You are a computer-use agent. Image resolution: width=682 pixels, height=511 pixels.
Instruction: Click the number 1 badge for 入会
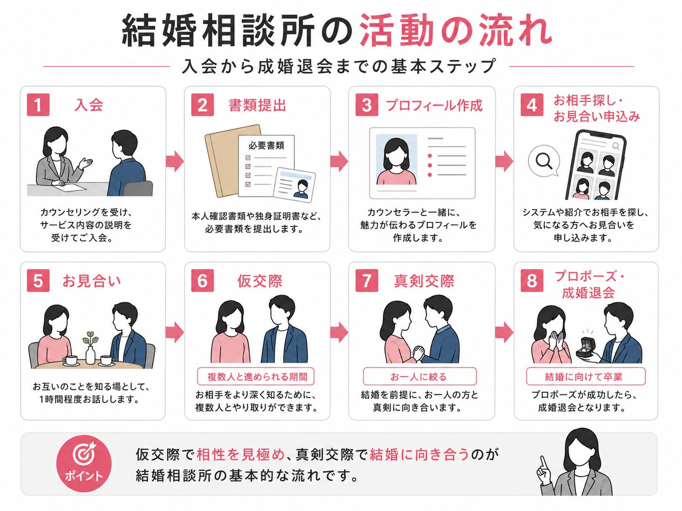point(38,105)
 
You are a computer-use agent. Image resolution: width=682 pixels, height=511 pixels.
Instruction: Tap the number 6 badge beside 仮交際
point(202,281)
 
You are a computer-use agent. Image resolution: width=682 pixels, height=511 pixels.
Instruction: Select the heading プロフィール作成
point(434,105)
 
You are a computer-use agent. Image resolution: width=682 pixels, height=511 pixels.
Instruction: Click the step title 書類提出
point(257,105)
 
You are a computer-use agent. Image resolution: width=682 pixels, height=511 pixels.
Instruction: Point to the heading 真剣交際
point(424,281)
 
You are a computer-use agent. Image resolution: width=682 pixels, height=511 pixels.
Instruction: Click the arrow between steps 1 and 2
point(175,161)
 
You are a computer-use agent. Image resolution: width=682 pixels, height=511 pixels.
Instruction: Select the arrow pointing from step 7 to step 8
point(504,332)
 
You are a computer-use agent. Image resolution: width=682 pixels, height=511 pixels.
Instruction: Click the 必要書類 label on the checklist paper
point(266,145)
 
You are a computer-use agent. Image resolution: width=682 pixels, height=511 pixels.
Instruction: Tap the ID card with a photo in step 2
point(294,185)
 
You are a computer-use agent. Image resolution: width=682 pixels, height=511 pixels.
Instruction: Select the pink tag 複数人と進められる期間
point(256,376)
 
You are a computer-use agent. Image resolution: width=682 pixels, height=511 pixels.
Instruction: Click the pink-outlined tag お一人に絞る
point(420,376)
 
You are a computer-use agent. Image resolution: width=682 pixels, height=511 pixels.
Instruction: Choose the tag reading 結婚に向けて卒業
point(585,376)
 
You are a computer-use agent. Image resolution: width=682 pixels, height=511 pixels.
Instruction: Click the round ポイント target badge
point(83,463)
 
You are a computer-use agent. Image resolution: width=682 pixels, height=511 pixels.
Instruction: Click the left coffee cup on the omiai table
point(71,361)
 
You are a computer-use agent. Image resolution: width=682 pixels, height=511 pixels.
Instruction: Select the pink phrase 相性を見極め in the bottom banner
point(241,455)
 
